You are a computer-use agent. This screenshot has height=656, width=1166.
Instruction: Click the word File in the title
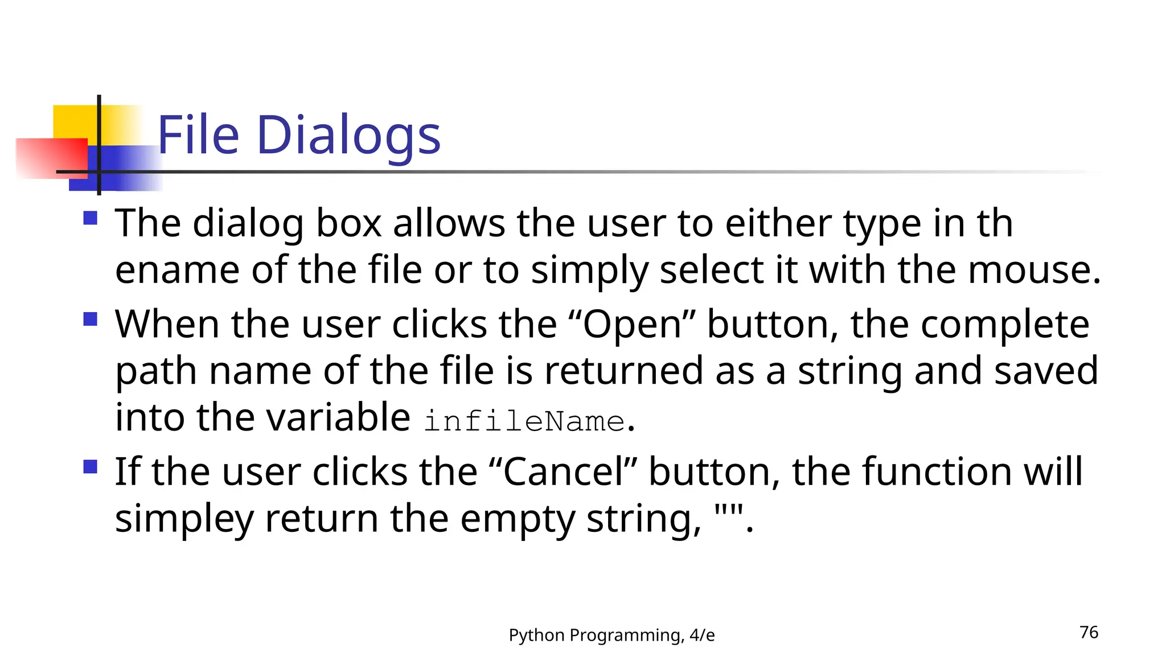(198, 135)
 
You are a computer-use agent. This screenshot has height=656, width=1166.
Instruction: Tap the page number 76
(1089, 632)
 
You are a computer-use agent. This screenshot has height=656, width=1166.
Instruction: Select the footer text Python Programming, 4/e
(611, 635)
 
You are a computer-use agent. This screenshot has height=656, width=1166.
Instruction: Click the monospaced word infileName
(524, 421)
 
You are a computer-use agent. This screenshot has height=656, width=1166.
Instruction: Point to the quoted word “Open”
(631, 325)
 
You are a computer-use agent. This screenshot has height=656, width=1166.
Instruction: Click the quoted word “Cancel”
(563, 472)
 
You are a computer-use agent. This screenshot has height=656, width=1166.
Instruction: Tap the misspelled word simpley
(184, 519)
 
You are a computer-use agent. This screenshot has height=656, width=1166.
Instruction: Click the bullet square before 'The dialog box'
(90, 218)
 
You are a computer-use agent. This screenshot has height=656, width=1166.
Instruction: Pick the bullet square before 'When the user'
(90, 318)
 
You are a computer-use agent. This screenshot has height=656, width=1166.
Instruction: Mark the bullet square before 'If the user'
(90, 467)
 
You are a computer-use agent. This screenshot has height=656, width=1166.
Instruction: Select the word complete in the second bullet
(1005, 325)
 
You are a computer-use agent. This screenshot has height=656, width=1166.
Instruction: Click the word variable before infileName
(338, 417)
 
